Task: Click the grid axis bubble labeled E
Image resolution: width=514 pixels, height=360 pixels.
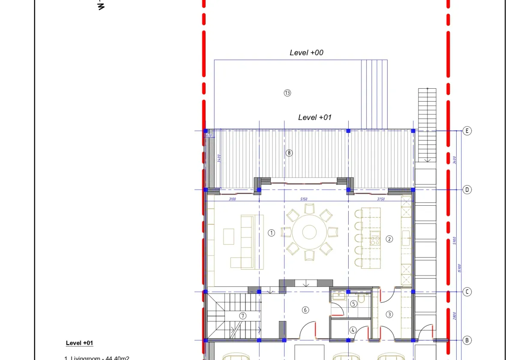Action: [x=467, y=131]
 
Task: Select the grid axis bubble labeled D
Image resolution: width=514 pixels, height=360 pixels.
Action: [x=467, y=190]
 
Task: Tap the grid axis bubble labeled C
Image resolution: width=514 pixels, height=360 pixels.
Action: [x=467, y=292]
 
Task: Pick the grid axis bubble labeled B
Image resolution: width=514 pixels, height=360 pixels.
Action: [x=467, y=340]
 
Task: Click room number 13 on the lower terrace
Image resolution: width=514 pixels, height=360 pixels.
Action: [x=287, y=93]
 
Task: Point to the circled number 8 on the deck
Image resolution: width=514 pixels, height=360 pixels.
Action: [x=289, y=153]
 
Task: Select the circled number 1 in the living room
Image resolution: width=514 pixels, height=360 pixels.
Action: [x=271, y=233]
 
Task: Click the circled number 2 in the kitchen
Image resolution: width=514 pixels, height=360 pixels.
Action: [x=389, y=239]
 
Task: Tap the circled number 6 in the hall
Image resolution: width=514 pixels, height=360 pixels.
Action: [x=305, y=310]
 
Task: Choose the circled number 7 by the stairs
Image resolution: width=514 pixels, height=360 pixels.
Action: [x=243, y=316]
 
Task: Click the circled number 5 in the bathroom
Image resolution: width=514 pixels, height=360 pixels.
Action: [x=354, y=304]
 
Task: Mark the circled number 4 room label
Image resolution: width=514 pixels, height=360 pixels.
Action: [x=353, y=330]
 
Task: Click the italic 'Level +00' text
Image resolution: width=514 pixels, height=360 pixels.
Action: [x=307, y=53]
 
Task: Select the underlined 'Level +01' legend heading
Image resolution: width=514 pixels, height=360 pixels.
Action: [x=79, y=343]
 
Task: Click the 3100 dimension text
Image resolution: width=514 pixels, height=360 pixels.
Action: [x=232, y=199]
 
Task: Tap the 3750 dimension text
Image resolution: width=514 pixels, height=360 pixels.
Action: [x=381, y=199]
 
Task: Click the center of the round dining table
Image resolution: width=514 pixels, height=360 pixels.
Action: [x=309, y=232]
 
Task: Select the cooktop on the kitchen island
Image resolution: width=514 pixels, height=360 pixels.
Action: [x=375, y=240]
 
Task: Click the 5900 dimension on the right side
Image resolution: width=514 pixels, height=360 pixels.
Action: [x=454, y=241]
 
